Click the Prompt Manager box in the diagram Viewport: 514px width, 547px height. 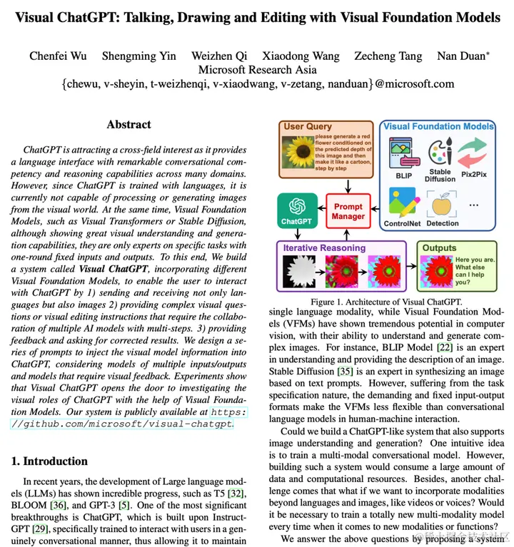point(348,210)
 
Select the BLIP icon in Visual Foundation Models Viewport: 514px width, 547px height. point(400,154)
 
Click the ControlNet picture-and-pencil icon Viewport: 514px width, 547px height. point(403,202)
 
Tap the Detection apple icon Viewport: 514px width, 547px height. point(442,202)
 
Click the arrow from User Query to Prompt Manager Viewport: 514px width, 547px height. point(348,186)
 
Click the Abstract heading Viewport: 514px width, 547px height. point(128,125)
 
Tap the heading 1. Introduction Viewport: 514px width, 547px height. point(49,461)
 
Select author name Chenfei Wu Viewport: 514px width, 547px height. point(58,56)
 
